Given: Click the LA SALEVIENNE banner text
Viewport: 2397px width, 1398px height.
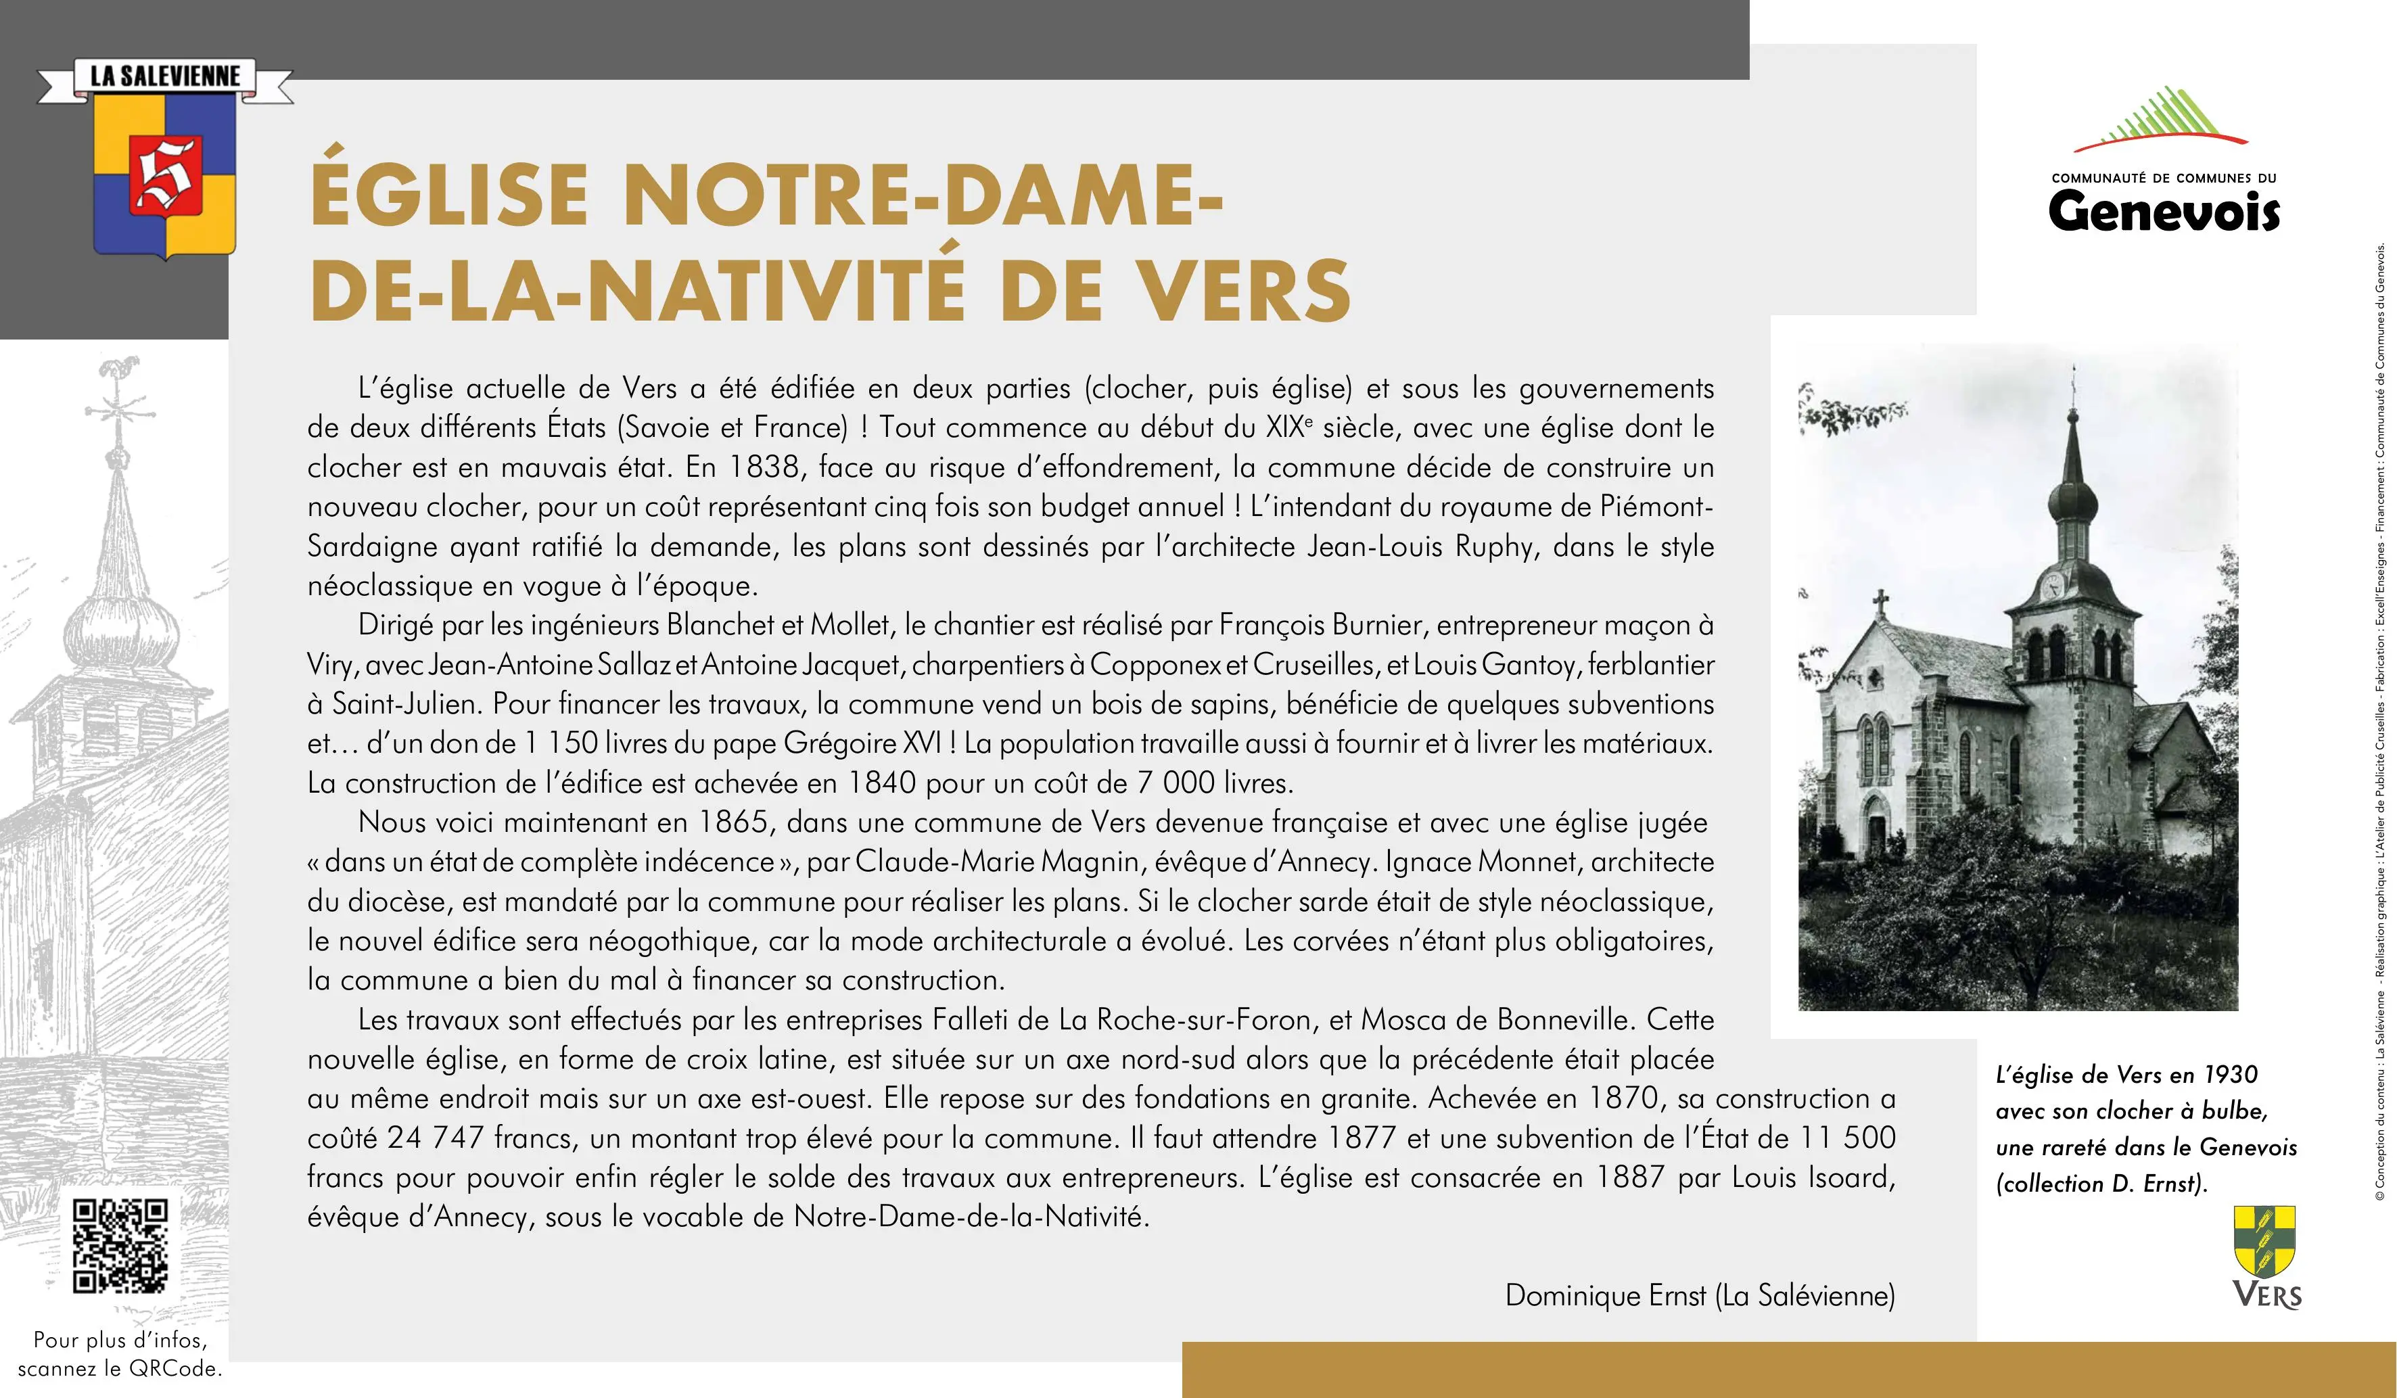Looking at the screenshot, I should pyautogui.click(x=166, y=76).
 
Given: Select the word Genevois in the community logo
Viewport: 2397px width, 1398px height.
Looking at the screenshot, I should pyautogui.click(x=2163, y=211).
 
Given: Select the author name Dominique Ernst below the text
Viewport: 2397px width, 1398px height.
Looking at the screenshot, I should pyautogui.click(x=1605, y=1295).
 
